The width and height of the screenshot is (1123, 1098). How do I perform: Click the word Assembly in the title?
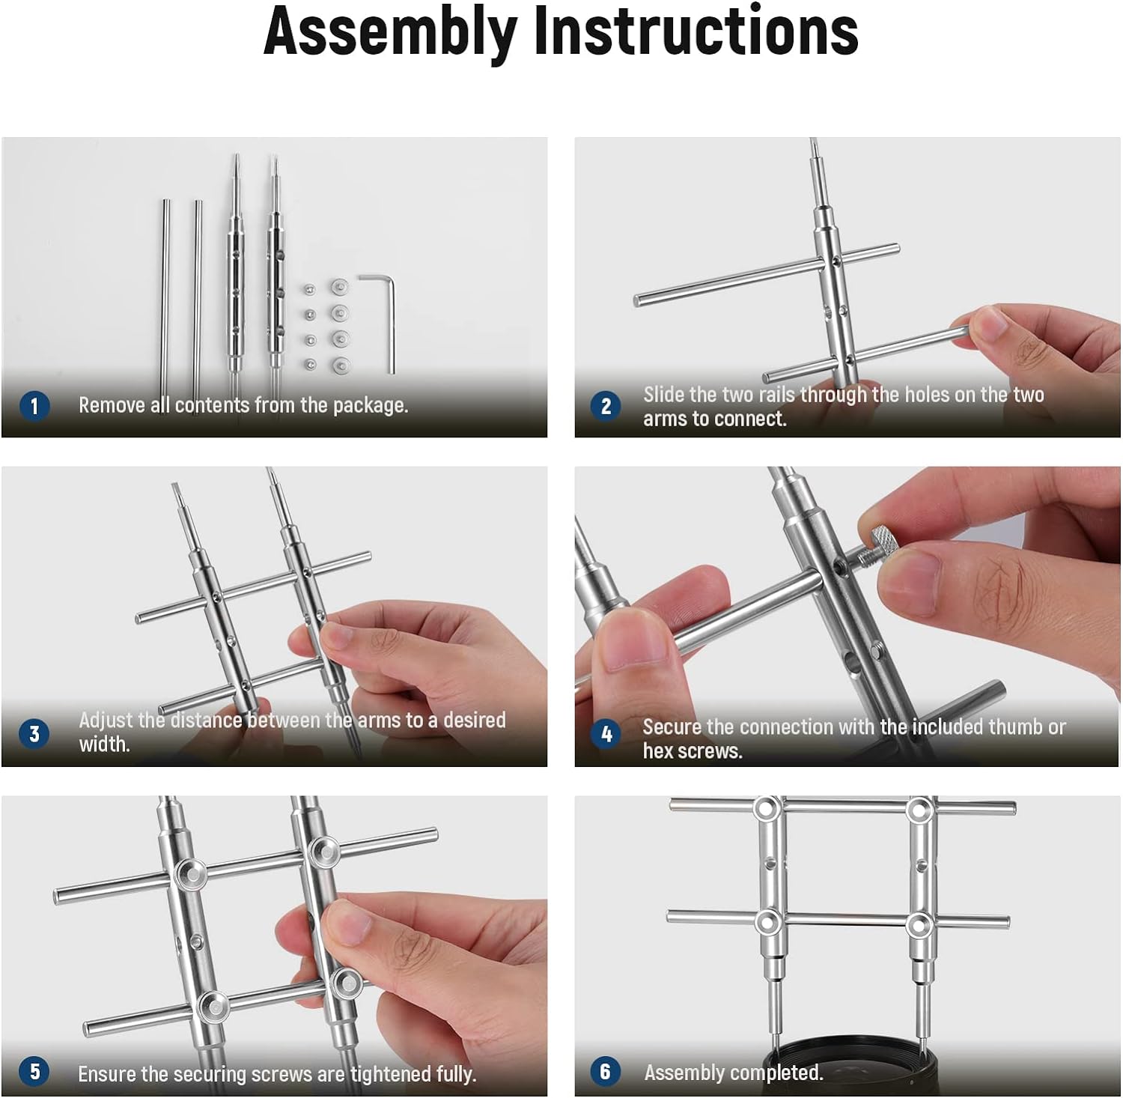(390, 34)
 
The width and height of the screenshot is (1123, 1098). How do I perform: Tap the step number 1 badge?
(34, 406)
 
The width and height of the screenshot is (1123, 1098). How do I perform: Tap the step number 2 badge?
(606, 406)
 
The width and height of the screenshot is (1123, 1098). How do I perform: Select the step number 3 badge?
(34, 733)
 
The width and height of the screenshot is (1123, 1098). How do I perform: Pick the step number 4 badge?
(606, 734)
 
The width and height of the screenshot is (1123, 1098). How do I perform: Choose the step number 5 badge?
(34, 1071)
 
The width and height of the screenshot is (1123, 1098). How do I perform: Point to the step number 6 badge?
(605, 1071)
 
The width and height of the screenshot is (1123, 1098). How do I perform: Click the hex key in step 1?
(389, 322)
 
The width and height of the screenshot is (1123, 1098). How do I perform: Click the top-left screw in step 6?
(765, 809)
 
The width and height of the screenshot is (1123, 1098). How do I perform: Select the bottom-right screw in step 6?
(919, 924)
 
